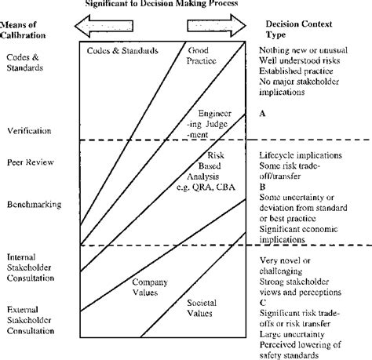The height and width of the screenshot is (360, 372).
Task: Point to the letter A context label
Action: pyautogui.click(x=263, y=114)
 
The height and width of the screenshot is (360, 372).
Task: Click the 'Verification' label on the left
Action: pyautogui.click(x=28, y=129)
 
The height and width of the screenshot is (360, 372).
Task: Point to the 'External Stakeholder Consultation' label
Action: pyautogui.click(x=27, y=320)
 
